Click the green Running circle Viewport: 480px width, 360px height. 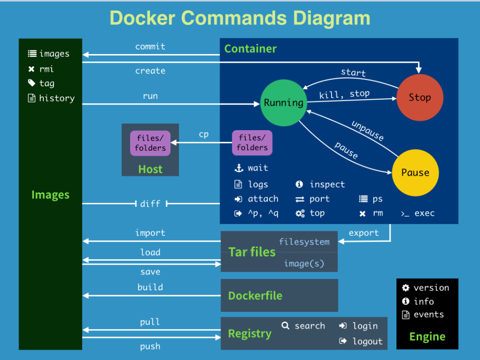[283, 102]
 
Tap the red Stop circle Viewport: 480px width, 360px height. [420, 97]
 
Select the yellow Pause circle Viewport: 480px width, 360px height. [415, 172]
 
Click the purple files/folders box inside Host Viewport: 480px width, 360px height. [150, 143]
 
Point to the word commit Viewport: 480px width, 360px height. [150, 47]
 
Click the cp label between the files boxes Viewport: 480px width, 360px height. [203, 134]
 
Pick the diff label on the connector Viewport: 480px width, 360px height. [150, 203]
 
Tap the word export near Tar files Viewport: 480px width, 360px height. [364, 233]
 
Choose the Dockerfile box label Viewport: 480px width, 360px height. [255, 296]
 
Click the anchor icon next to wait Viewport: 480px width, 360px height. [239, 168]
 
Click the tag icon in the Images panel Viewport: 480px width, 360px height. [32, 83]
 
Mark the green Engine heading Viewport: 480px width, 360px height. [427, 336]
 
